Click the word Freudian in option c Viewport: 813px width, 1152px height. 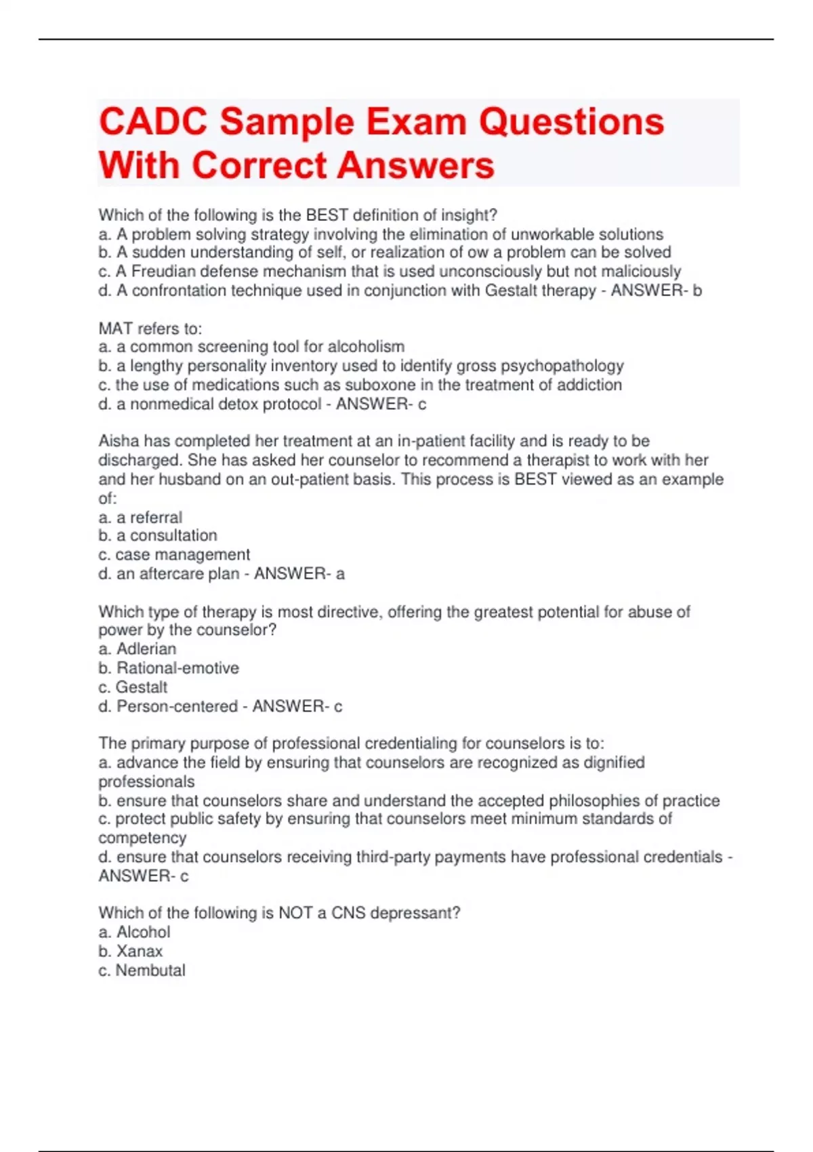click(161, 271)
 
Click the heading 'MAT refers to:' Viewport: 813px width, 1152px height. click(150, 329)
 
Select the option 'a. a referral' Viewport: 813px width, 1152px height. click(140, 517)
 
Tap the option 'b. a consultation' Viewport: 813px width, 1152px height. click(158, 535)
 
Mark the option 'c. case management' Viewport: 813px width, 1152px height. click(174, 554)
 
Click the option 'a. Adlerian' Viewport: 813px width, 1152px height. click(138, 649)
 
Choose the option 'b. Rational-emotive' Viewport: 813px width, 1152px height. click(169, 667)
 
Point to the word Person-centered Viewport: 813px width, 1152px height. click(177, 706)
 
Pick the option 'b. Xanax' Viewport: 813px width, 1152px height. click(131, 951)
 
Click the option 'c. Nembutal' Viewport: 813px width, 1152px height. click(142, 970)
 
